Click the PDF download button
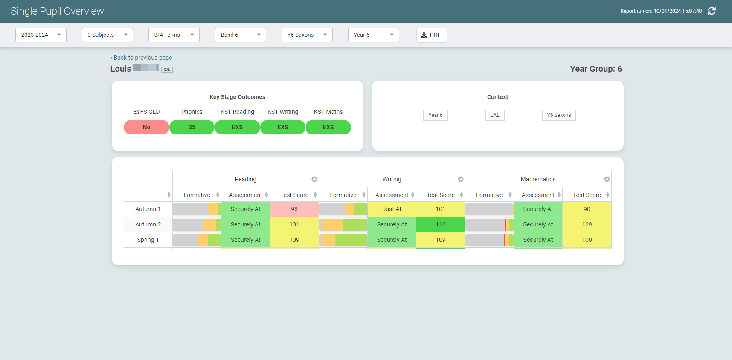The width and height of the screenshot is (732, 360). tap(431, 35)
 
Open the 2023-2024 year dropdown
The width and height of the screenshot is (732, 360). tap(41, 35)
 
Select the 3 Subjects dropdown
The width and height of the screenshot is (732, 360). tap(107, 35)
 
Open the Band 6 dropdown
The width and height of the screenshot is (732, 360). tap(240, 35)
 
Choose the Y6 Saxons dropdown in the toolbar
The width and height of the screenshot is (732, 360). tap(307, 35)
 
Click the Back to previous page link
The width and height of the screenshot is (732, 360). tap(142, 58)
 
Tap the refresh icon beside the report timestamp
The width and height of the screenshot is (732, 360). tap(712, 11)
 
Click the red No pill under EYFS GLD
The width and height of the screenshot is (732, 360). tap(146, 127)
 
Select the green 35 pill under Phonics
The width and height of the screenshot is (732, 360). tap(192, 127)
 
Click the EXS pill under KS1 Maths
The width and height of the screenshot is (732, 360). tap(328, 127)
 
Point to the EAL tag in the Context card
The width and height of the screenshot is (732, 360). tap(495, 115)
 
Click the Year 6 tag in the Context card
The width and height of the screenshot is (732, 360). tap(435, 115)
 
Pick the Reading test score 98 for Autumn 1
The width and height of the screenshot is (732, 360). tap(294, 209)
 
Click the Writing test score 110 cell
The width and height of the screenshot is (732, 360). tap(441, 224)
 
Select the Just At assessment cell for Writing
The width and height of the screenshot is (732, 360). tap(392, 209)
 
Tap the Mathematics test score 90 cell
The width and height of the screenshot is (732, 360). tap(587, 209)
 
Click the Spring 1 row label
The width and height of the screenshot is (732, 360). tap(148, 240)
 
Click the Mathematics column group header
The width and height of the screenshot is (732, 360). tap(538, 179)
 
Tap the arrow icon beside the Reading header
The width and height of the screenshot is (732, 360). tap(314, 179)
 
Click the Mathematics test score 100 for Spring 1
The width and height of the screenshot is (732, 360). tap(587, 240)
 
